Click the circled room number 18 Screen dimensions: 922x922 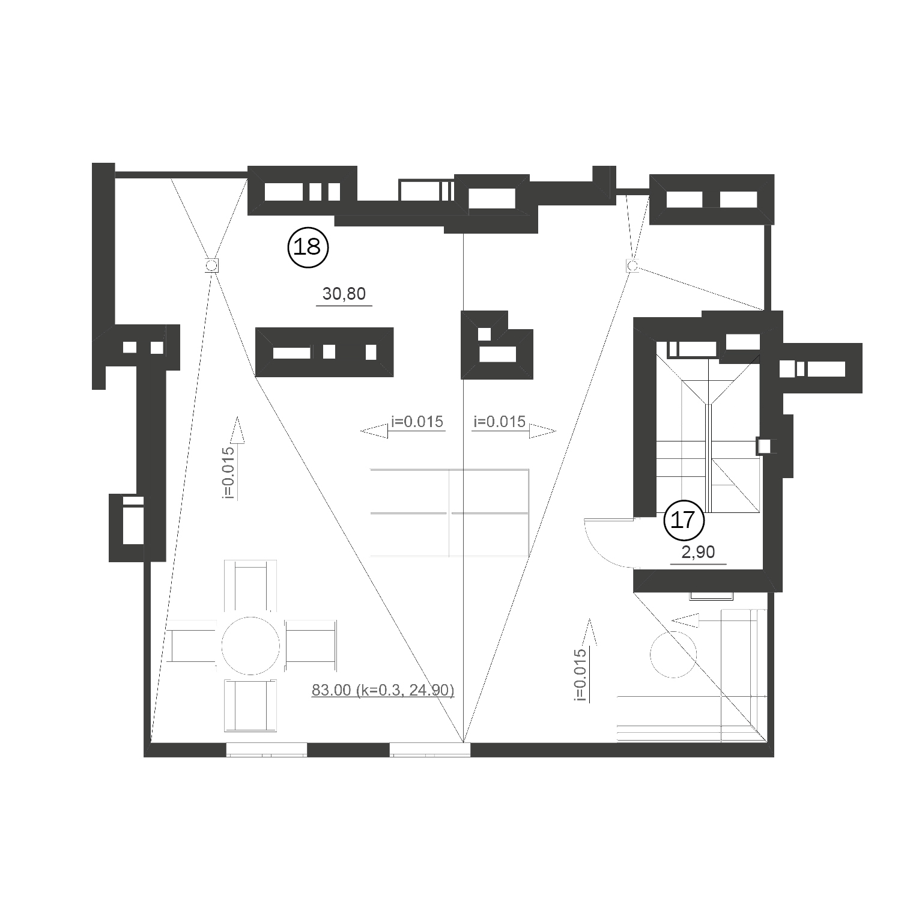coord(309,247)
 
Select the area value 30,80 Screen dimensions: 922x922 coord(344,294)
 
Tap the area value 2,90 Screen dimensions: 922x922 coord(698,552)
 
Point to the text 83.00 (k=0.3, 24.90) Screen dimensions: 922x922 coord(383,690)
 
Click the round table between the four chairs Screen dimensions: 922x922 coord(250,646)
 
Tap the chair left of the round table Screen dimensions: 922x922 coord(192,646)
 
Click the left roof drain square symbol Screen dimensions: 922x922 coord(211,265)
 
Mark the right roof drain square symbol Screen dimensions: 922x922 coord(632,265)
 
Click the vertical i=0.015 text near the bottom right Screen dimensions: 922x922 coord(580,675)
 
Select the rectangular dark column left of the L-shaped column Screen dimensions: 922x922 coord(324,352)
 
